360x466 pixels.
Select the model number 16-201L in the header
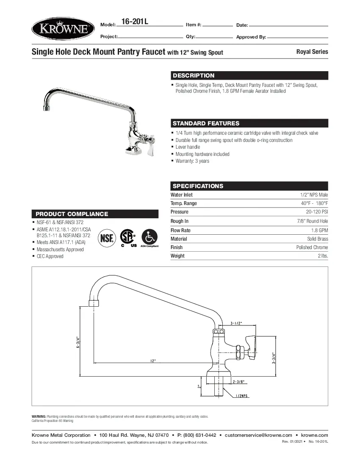[x=134, y=22]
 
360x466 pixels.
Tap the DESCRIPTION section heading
[x=194, y=75]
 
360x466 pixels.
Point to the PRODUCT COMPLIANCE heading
[x=72, y=214]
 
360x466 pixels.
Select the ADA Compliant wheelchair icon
[x=149, y=236]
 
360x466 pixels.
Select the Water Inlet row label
[x=181, y=195]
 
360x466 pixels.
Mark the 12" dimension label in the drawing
[x=153, y=361]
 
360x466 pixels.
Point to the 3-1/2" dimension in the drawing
[x=236, y=323]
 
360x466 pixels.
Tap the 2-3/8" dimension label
[x=238, y=381]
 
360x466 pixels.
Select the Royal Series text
[x=312, y=52]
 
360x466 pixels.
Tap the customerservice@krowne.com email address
[x=258, y=435]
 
